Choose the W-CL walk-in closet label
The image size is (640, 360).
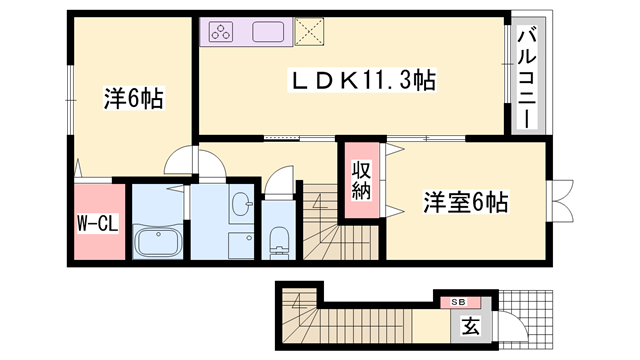[99, 223]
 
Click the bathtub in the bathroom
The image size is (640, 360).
[157, 242]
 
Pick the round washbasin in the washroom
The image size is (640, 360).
[241, 206]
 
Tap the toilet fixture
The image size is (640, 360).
[279, 241]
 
